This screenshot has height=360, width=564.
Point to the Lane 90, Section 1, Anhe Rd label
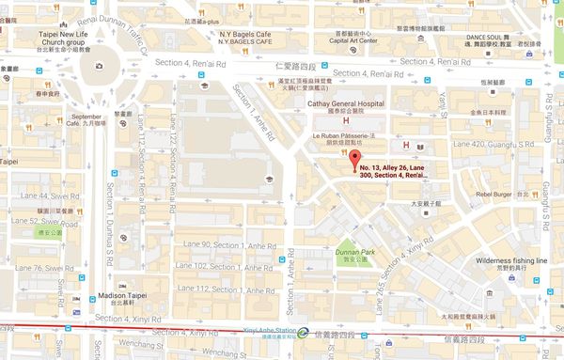[221, 244]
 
